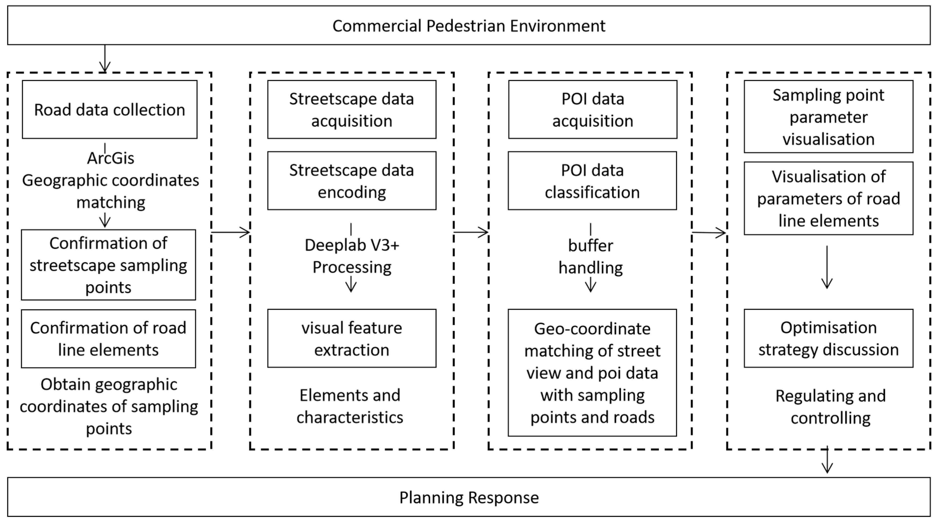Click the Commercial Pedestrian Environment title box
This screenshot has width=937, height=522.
tap(468, 25)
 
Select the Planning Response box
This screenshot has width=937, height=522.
tap(468, 497)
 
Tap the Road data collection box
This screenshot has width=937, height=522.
tap(109, 109)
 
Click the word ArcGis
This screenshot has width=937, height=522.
tap(111, 158)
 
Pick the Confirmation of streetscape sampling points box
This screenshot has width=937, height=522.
tap(108, 265)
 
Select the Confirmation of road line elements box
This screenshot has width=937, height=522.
tap(108, 338)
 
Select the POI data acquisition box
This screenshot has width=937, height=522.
tap(593, 109)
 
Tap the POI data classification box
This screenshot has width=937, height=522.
tap(592, 181)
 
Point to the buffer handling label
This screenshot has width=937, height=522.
tap(590, 256)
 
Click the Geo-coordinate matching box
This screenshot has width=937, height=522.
tap(592, 373)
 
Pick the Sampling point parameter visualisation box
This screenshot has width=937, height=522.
tap(828, 117)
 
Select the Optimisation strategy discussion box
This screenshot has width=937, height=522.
tap(828, 338)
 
